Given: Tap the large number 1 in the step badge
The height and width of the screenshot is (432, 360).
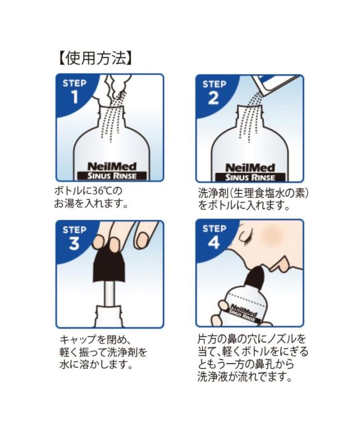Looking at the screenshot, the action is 75,97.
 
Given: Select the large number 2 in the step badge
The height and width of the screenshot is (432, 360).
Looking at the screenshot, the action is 213,98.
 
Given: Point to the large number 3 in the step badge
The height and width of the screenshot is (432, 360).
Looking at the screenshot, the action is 74,244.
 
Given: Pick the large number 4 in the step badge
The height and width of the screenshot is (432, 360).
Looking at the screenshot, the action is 214,243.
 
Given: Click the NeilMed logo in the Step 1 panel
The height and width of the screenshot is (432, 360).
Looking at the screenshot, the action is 112,166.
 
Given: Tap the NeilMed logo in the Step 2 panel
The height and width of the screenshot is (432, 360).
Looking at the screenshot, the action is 250,168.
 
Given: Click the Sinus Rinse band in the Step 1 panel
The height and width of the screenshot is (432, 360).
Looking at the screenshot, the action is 112,175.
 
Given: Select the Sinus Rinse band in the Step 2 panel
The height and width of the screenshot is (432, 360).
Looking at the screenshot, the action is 250,177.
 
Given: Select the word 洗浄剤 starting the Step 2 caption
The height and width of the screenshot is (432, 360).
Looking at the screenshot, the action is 212,193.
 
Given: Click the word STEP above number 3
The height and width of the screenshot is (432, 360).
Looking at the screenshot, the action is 75,229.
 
